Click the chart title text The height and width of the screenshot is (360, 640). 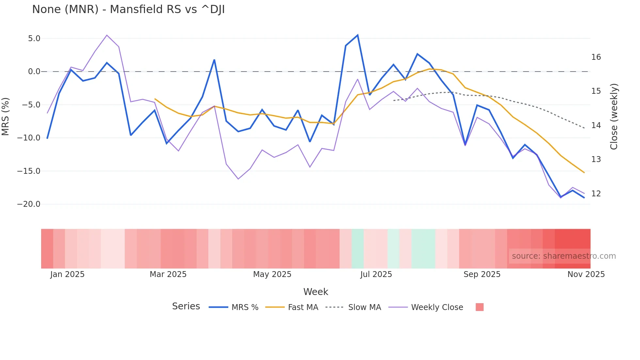coord(128,9)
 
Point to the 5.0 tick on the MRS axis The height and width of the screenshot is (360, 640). coord(34,39)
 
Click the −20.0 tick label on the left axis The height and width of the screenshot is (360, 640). coord(29,204)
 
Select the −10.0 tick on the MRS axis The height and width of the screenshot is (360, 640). coord(29,138)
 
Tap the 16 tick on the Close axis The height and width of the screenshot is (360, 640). coord(596,57)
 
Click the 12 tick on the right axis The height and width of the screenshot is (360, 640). coord(596,194)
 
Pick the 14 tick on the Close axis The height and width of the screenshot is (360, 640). coord(596,125)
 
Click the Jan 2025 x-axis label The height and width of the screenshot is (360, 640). coord(67,274)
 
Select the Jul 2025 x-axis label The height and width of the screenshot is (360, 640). coord(376,274)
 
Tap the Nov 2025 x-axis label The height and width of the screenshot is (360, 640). coord(586,274)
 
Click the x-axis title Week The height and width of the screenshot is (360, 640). coord(315,292)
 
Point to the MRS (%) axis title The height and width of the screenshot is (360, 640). coord(6,117)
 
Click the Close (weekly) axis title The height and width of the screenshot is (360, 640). coord(614,117)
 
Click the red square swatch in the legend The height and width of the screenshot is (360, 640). coord(479,307)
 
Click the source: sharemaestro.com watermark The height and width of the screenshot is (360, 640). coord(564,256)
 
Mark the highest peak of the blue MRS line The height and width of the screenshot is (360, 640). coord(358,35)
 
